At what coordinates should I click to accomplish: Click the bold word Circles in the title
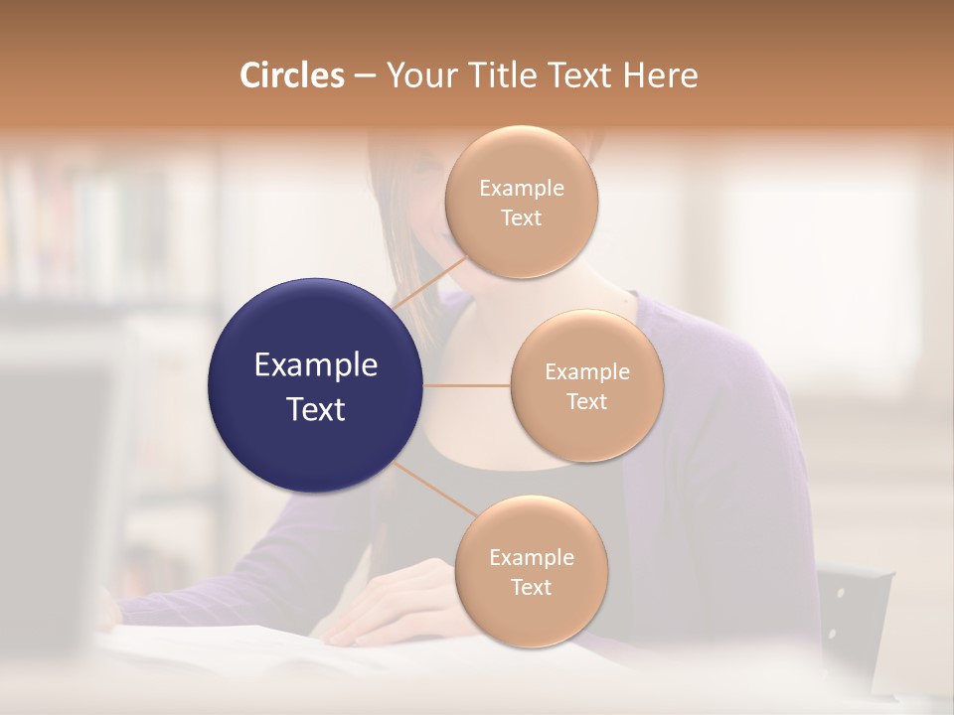coord(291,75)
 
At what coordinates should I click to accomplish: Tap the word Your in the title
coord(417,75)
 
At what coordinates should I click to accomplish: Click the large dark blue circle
coord(316,385)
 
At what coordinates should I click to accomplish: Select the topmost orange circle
coord(521,202)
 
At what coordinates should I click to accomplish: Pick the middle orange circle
coord(586,385)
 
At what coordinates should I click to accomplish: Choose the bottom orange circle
coord(531,571)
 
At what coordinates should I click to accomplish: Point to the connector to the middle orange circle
coord(467,384)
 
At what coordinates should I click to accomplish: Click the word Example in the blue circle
coord(316,365)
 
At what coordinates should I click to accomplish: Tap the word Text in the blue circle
coord(316,409)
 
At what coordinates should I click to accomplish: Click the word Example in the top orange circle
coord(521,189)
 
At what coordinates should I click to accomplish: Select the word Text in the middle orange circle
coord(586,401)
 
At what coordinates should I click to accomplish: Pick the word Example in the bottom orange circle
coord(531,557)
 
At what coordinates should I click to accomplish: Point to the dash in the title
coord(364,76)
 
